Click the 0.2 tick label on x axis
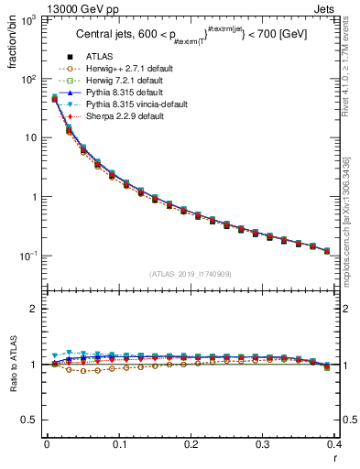click(x=191, y=444)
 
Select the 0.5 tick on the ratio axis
click(x=29, y=420)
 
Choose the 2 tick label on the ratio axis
click(x=34, y=310)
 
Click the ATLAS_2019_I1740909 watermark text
click(x=191, y=275)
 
